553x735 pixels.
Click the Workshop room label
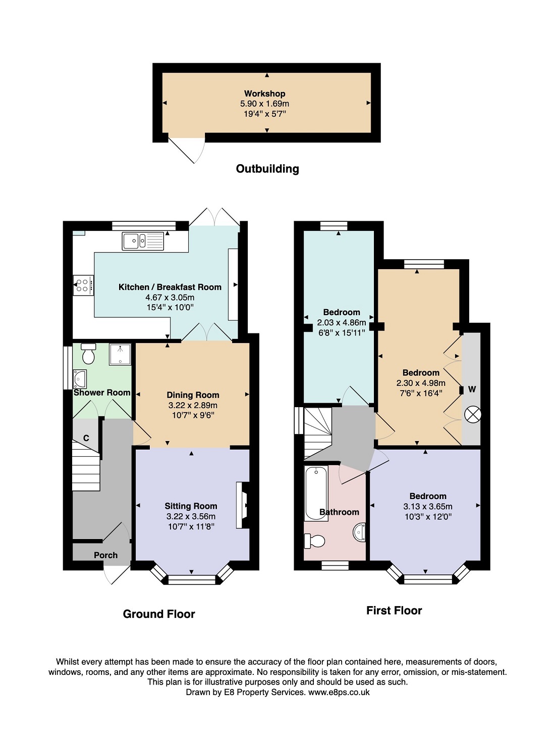click(x=264, y=93)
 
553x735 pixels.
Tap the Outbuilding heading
click(x=267, y=169)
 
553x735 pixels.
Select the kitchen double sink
click(x=143, y=241)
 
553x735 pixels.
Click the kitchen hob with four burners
click(x=83, y=285)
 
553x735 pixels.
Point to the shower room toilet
click(x=88, y=354)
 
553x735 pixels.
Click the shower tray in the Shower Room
click(x=120, y=354)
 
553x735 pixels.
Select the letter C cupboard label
click(x=86, y=438)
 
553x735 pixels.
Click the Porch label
click(x=105, y=555)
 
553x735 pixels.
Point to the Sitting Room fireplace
click(x=243, y=505)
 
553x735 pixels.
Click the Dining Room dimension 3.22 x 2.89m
click(x=193, y=405)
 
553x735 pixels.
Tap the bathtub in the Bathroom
click(x=316, y=493)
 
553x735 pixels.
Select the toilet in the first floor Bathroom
click(x=315, y=541)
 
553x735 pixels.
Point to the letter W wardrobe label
click(x=472, y=389)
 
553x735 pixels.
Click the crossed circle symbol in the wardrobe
click(x=472, y=415)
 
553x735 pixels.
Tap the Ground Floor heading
click(x=159, y=614)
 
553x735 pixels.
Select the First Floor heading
click(x=394, y=610)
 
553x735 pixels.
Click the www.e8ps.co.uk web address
click(x=339, y=692)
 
